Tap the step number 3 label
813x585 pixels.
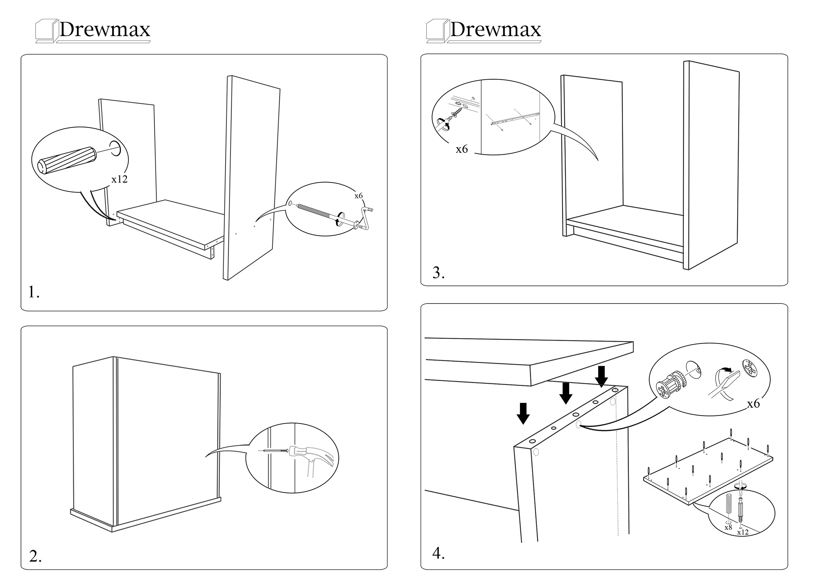[438, 273]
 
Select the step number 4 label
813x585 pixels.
[438, 553]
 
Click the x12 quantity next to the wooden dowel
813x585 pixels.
[119, 179]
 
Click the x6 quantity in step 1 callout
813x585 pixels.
[358, 196]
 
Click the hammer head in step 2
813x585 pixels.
[308, 455]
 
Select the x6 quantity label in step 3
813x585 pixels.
[461, 149]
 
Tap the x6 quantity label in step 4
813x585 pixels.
[753, 404]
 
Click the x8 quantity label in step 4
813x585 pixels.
[728, 527]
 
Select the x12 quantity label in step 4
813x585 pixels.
[743, 532]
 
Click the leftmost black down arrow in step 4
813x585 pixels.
[523, 413]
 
